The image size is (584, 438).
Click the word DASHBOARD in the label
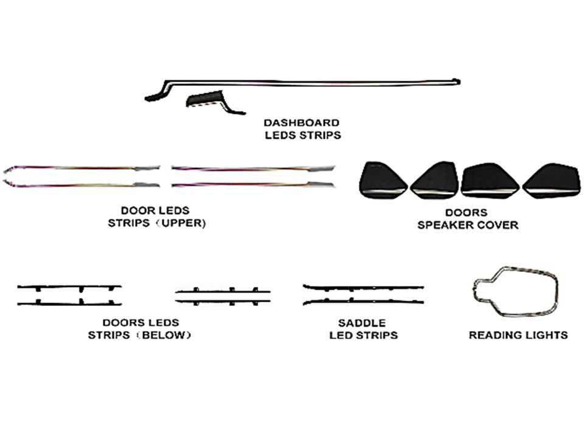[x=302, y=122]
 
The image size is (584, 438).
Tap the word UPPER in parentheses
[x=182, y=223]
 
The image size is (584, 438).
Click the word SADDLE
[x=361, y=322]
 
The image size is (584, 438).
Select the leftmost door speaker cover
[x=383, y=181]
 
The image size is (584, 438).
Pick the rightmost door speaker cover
[x=552, y=181]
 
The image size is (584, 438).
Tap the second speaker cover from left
[x=434, y=180]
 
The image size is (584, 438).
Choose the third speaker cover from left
[x=489, y=180]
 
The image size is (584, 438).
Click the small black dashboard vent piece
[x=205, y=99]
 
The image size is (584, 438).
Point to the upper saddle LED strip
[x=363, y=288]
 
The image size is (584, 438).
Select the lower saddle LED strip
[x=363, y=301]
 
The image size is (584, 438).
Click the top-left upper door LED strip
[x=82, y=169]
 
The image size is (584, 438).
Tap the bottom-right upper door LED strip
[x=253, y=184]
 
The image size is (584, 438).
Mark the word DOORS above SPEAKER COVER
[x=467, y=213]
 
